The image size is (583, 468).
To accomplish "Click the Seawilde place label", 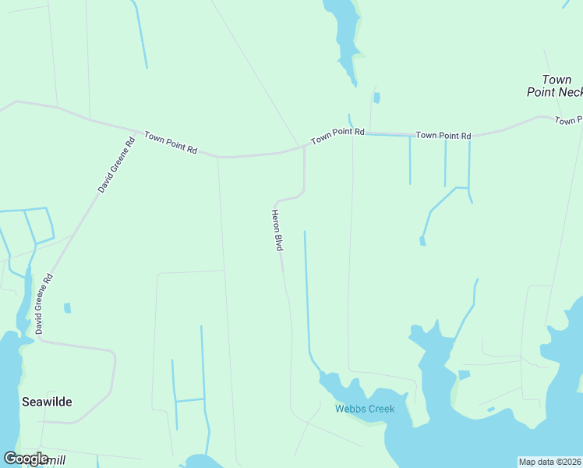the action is [47, 402].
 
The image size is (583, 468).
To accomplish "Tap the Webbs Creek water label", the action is [365, 409].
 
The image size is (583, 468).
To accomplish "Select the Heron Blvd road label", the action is [277, 229].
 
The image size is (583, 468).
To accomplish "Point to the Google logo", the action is [25, 459].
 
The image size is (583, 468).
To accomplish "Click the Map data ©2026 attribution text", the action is [549, 462].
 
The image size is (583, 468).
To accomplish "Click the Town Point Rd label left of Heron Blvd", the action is [171, 142].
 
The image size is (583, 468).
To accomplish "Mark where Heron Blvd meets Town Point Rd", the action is [304, 145].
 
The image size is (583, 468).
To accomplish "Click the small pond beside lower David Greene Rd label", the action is [67, 308].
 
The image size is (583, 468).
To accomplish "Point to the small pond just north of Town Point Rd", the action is [376, 98].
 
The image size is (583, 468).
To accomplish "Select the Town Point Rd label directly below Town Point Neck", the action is [569, 120].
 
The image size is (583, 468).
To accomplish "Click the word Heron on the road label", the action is [275, 220].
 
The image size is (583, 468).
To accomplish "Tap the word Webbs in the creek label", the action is [349, 409].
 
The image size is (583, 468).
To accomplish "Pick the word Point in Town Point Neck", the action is [541, 92].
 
